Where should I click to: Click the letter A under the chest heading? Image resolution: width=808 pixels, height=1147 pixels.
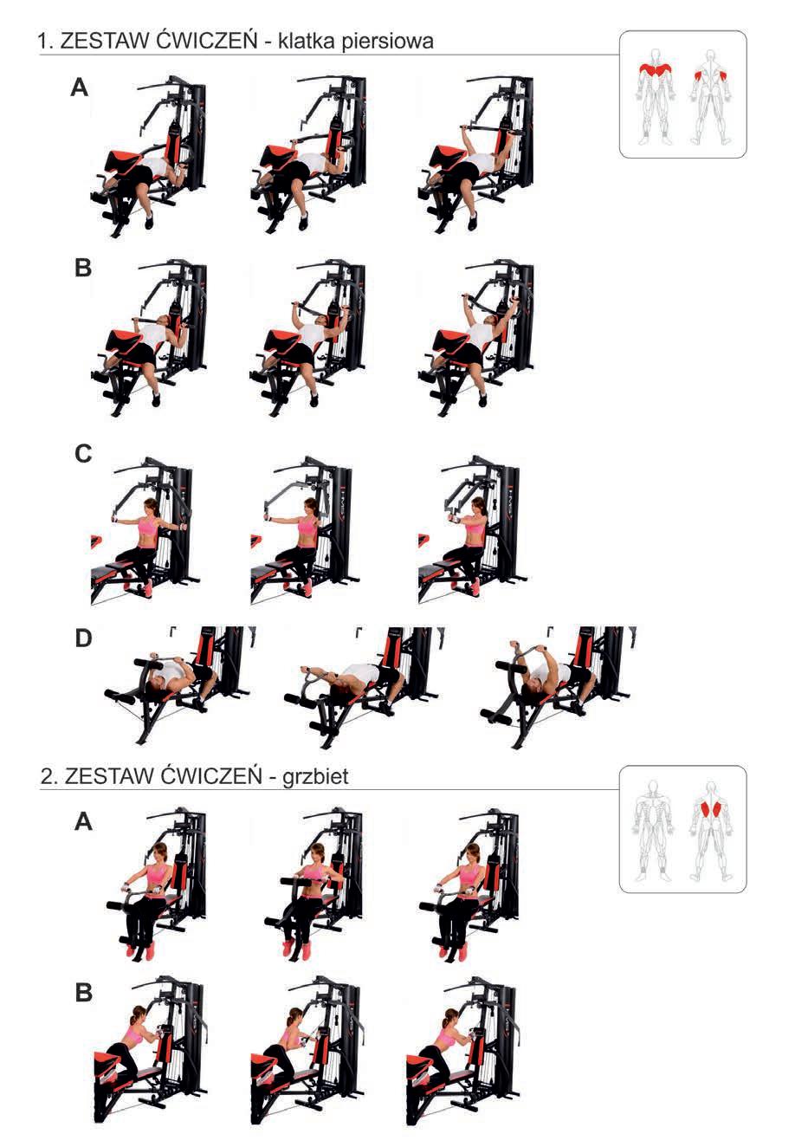tap(80, 88)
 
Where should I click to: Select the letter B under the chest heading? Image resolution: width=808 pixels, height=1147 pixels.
tap(83, 269)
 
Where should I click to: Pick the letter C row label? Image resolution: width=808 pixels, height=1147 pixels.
tap(83, 454)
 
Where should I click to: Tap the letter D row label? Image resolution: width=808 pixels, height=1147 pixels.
tap(83, 638)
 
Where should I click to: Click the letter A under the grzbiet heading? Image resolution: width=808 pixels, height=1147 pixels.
tap(83, 822)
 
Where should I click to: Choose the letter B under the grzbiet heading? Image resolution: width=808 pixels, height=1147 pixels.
tap(83, 992)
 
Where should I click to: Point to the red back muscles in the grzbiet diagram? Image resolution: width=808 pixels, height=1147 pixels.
tap(711, 809)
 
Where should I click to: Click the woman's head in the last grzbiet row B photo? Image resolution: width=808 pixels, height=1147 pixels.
tap(451, 1014)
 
